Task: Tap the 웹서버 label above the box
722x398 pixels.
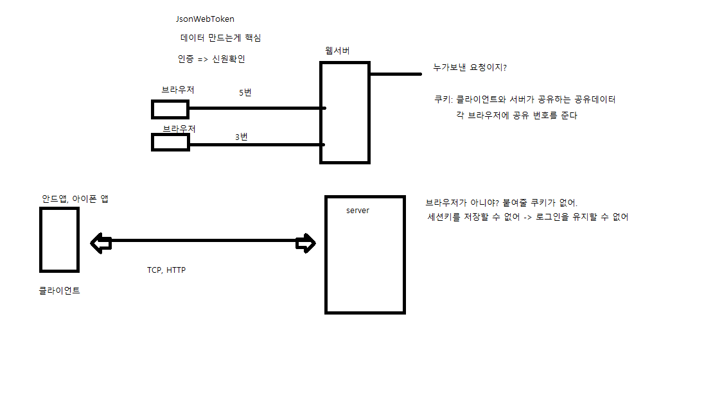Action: (338, 50)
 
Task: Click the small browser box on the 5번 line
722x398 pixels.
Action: (170, 109)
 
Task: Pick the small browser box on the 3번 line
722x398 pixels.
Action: (170, 142)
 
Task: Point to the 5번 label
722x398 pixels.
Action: (245, 92)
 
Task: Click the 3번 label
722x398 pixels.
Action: (242, 137)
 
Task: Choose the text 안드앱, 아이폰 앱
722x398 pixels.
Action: (75, 199)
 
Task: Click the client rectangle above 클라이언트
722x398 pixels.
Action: (59, 239)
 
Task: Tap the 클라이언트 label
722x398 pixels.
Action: (59, 291)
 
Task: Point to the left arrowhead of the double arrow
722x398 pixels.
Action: (100, 243)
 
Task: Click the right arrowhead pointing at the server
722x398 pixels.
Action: (306, 243)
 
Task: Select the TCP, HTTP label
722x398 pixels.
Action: (166, 270)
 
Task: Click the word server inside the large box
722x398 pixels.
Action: (358, 211)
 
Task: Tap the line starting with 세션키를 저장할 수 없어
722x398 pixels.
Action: (527, 217)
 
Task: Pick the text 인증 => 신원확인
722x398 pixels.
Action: (211, 59)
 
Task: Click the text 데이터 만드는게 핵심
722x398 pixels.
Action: (221, 39)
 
